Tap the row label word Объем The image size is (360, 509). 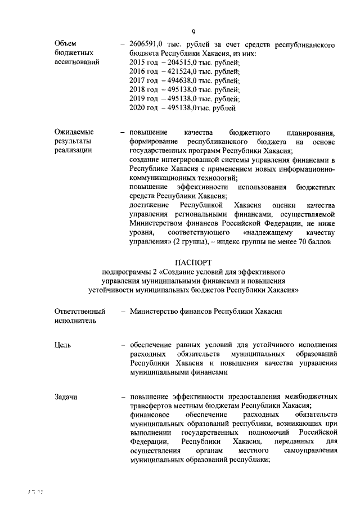point(66,43)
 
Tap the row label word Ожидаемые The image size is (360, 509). point(74,133)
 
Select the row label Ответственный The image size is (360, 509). point(80,311)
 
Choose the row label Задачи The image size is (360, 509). point(66,397)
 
